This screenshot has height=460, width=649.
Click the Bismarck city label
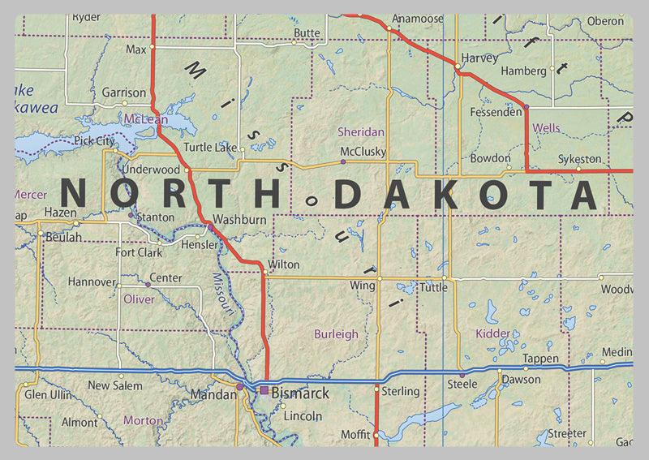[x=300, y=393]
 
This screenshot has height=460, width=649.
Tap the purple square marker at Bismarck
[x=264, y=391]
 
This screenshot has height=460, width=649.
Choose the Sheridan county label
[x=361, y=131]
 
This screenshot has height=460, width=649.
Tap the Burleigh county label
[x=336, y=333]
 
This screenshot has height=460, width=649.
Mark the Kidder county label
[x=493, y=333]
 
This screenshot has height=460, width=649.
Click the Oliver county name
[x=139, y=299]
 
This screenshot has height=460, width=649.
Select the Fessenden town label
[x=496, y=112]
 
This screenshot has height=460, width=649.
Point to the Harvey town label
[x=479, y=58]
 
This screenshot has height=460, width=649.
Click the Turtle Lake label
[x=209, y=148]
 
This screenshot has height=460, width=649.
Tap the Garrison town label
[x=124, y=92]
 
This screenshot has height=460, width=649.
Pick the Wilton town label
[x=284, y=264]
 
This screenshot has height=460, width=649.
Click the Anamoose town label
[x=418, y=19]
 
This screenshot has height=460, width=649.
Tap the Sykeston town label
[x=580, y=159]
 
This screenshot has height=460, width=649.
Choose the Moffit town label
[x=355, y=435]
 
